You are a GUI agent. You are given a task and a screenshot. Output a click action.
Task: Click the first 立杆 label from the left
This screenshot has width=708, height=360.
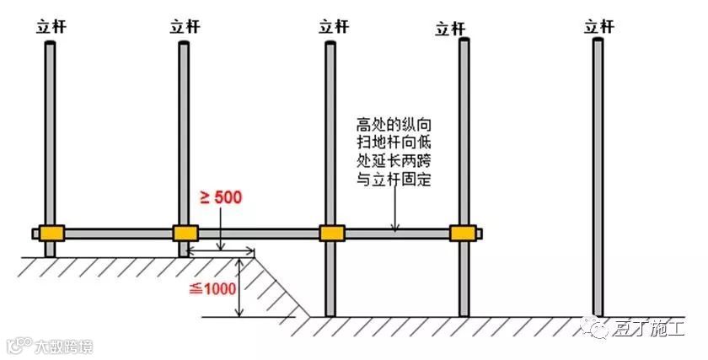click(x=50, y=26)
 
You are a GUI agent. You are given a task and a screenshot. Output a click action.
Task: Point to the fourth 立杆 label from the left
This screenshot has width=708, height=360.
click(x=450, y=29)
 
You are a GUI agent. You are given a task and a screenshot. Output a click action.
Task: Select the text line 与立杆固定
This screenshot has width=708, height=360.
click(x=393, y=180)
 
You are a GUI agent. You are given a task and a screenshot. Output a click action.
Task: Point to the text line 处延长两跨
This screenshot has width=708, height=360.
click(x=393, y=161)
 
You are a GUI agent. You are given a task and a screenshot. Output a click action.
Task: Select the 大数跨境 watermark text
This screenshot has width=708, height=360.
click(x=63, y=346)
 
